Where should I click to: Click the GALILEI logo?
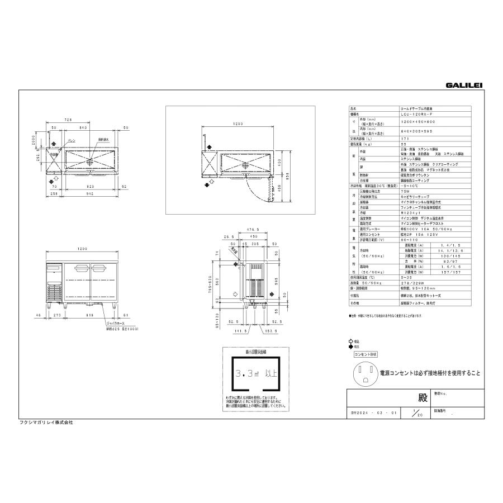coord(464,86)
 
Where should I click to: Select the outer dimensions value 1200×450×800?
coord(418,121)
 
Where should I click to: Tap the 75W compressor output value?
coord(406,191)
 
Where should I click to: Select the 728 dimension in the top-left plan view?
coord(67,120)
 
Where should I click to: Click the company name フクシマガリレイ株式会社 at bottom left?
coord(46,423)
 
